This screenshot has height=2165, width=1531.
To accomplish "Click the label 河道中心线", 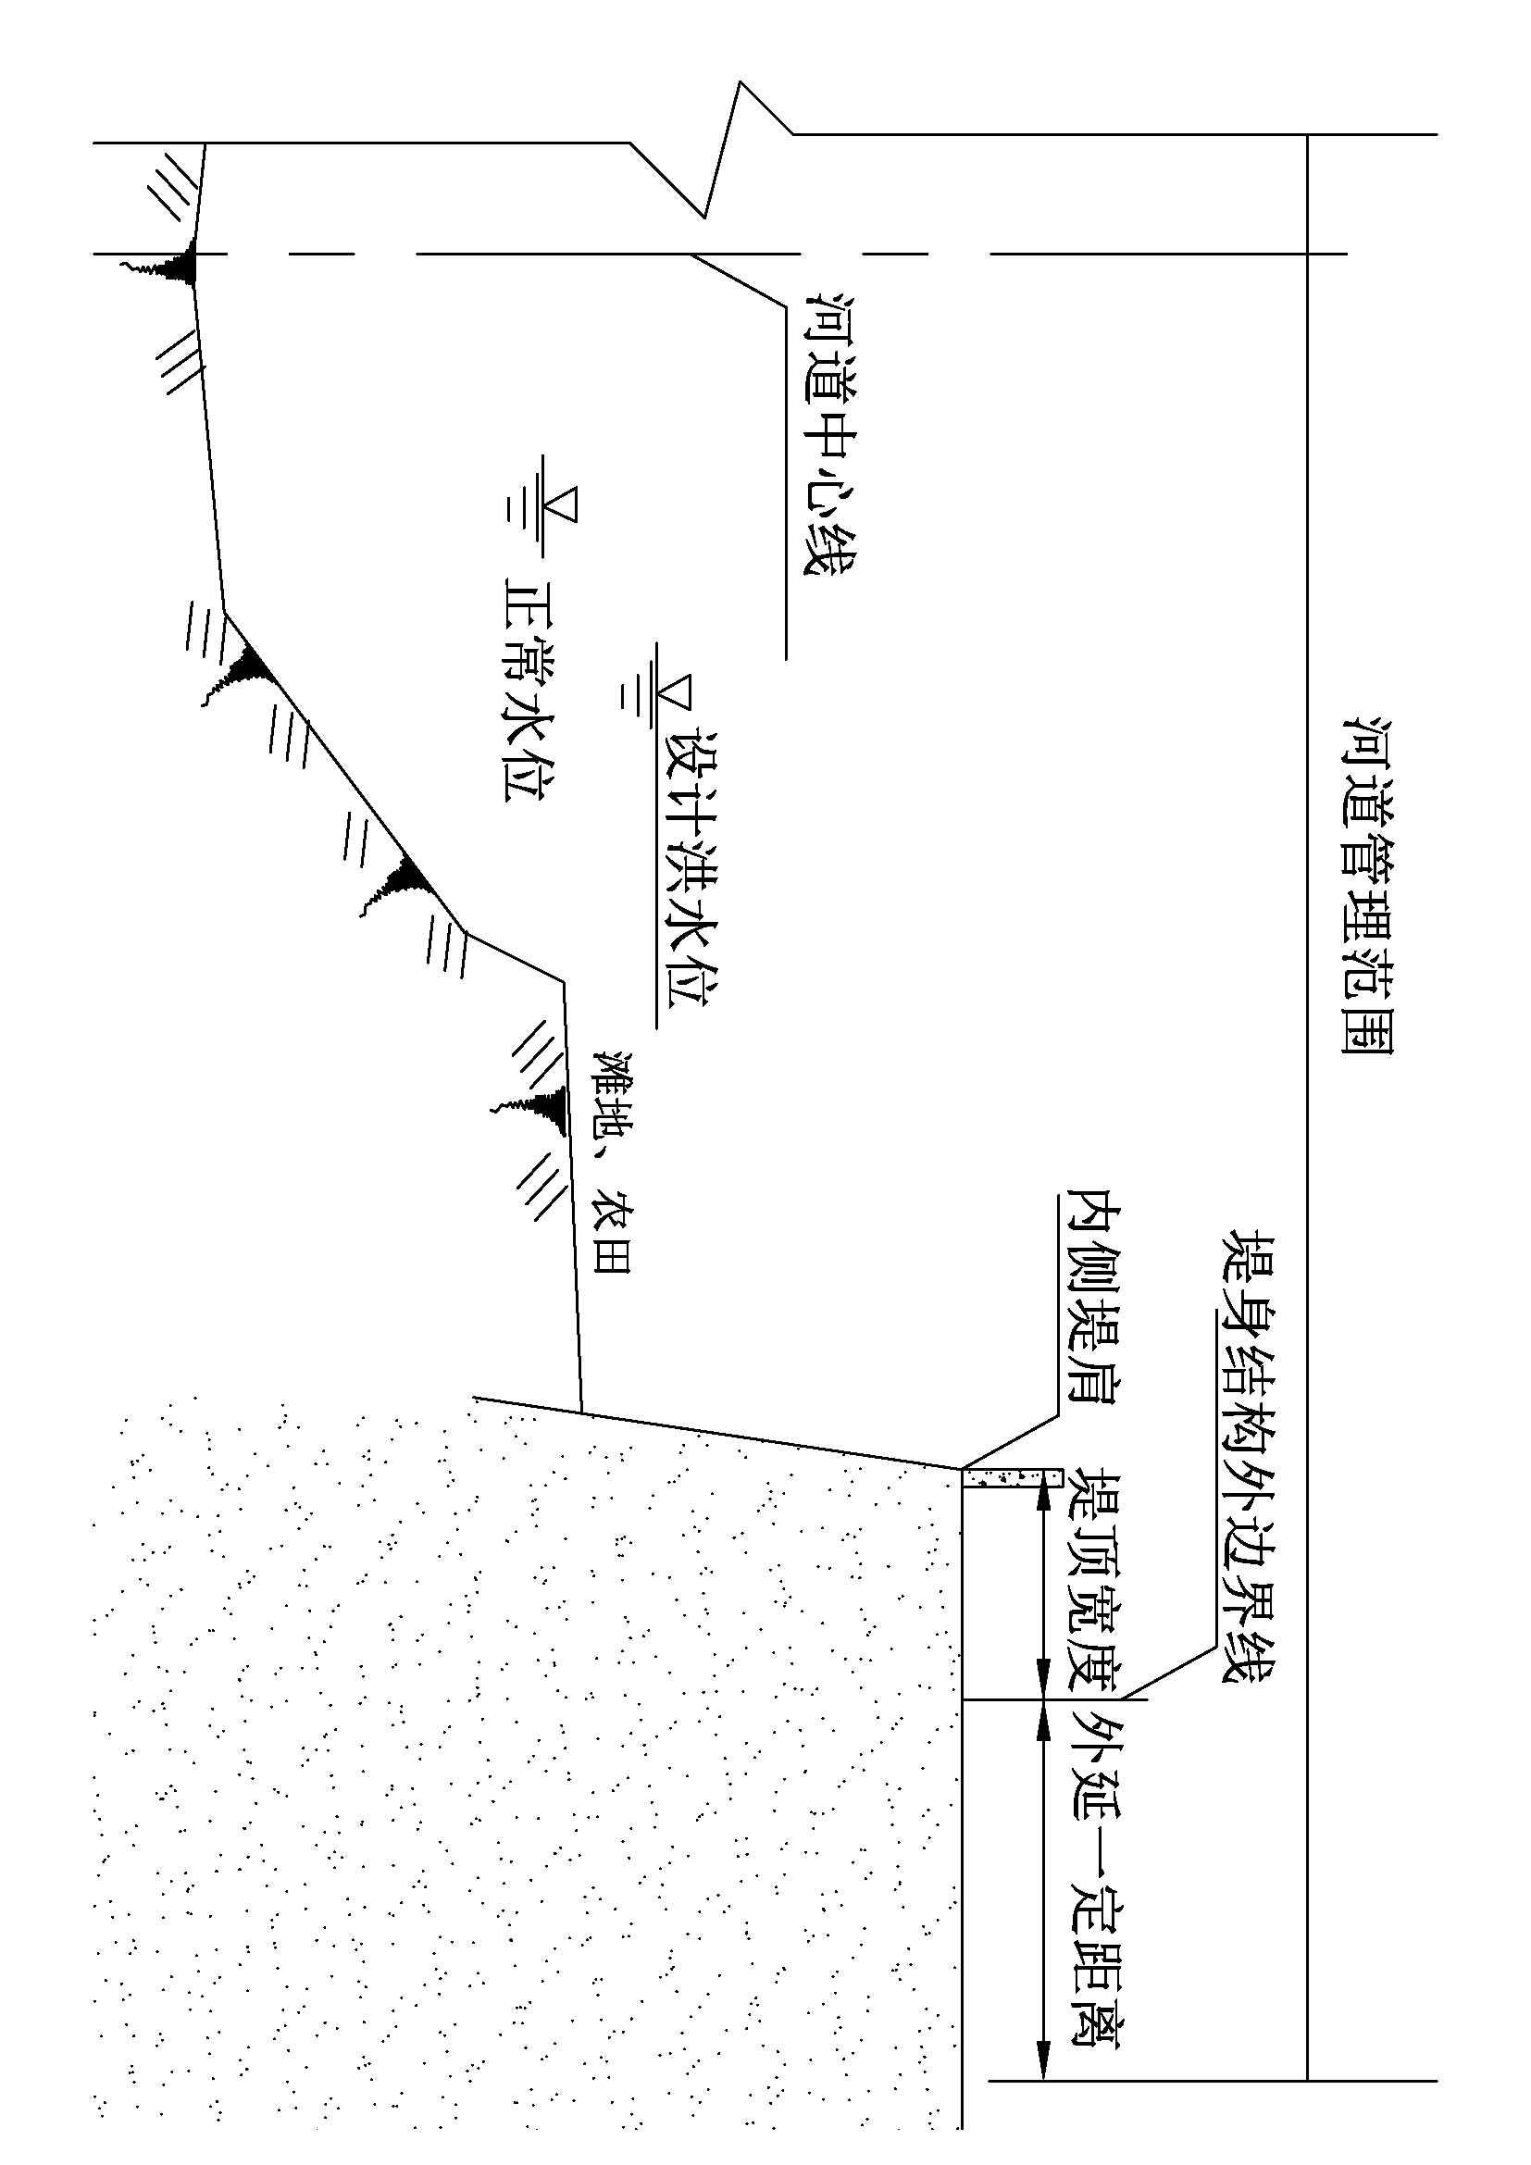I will point(827,434).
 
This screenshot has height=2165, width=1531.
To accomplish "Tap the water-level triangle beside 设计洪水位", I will point(677,695).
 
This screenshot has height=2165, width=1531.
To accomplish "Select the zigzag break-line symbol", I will point(726,151).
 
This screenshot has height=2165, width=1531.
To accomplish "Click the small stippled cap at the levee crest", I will point(1011,1476).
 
